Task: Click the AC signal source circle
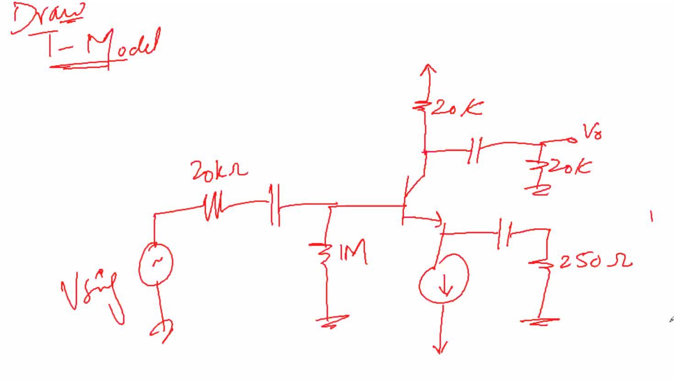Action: (x=156, y=264)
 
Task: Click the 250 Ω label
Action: (x=596, y=262)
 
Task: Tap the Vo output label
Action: (x=592, y=132)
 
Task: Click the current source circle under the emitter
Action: (x=444, y=278)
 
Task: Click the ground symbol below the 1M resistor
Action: (x=335, y=321)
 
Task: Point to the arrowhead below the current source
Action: (x=440, y=349)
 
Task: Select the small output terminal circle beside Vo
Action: (x=572, y=140)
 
